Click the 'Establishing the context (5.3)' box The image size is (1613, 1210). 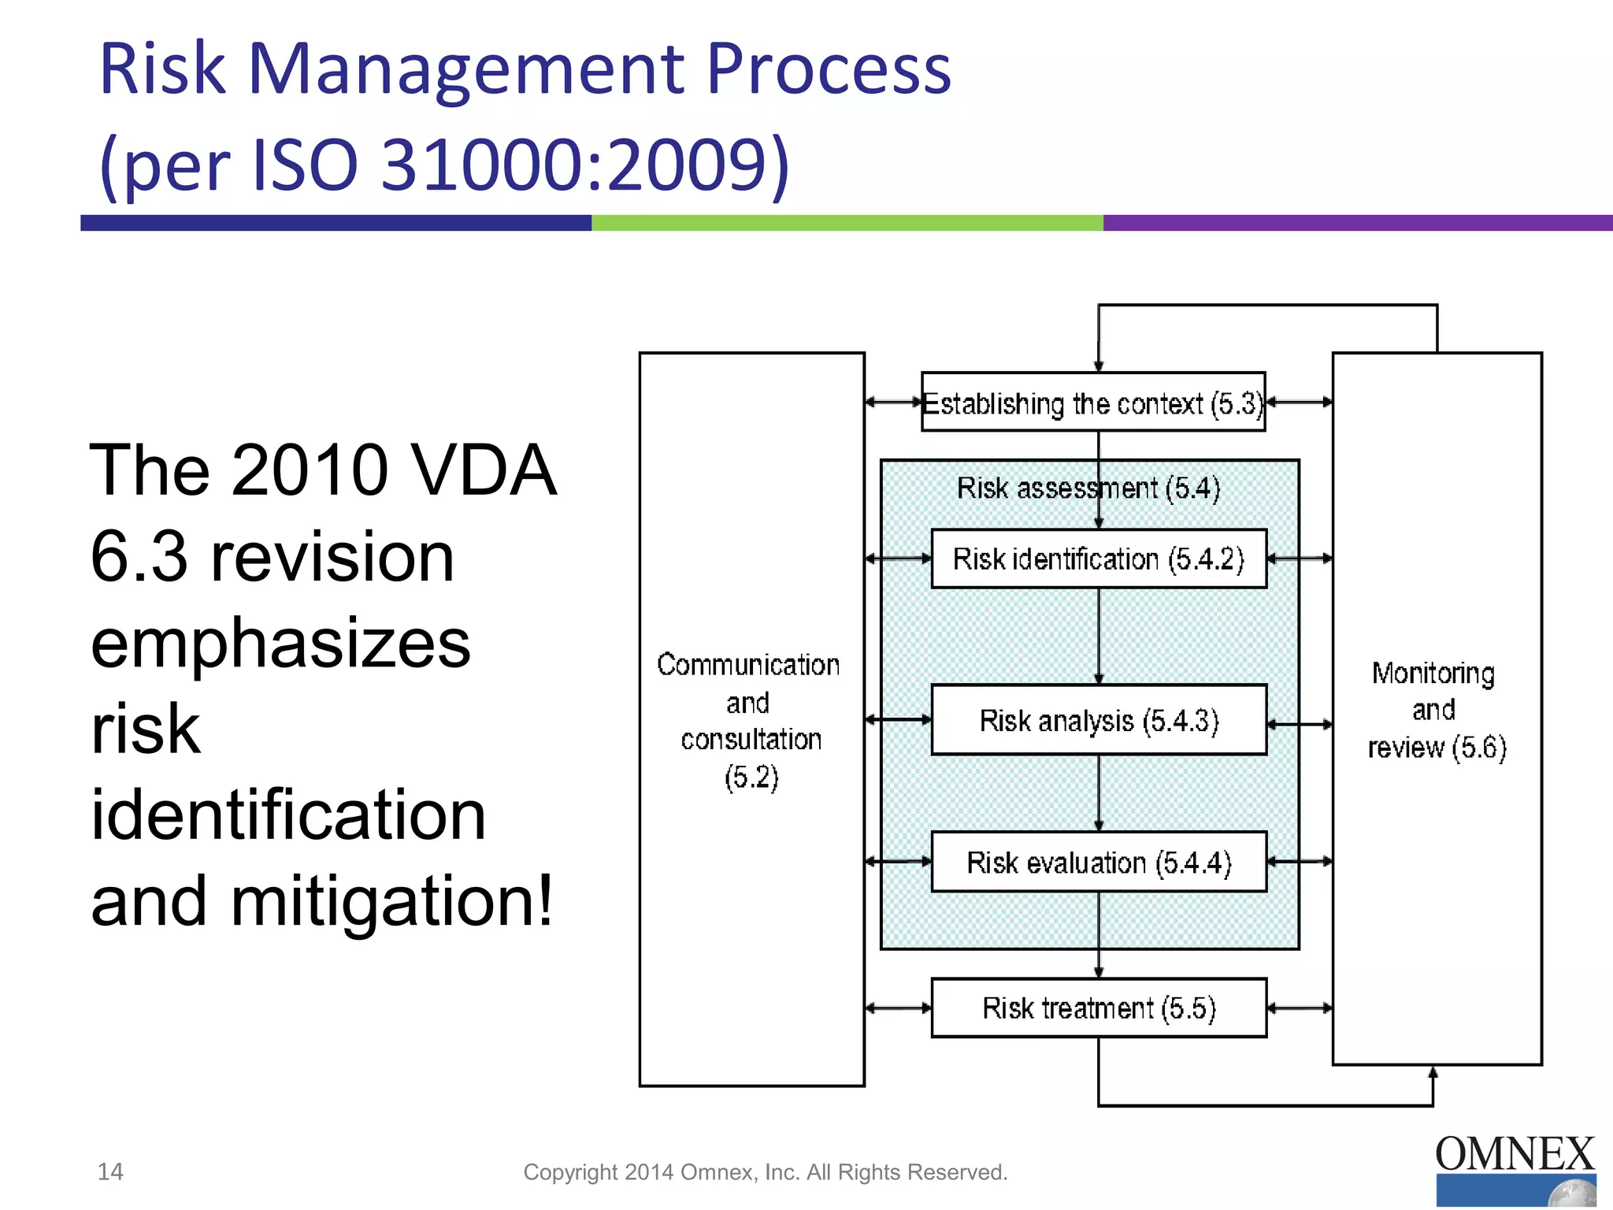point(1093,403)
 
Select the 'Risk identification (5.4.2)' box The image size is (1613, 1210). point(1098,559)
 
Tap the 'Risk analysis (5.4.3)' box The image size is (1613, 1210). point(1098,720)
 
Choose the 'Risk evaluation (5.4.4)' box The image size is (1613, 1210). point(1098,863)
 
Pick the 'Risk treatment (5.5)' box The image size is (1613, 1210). point(1098,1008)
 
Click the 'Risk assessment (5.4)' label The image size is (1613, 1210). point(1088,488)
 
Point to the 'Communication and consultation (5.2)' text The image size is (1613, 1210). point(749,720)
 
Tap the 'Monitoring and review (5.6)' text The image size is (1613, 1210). point(1436,710)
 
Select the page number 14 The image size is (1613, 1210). point(110,1171)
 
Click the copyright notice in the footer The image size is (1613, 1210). point(765,1172)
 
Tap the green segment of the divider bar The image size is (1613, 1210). point(847,223)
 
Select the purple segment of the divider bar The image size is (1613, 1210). point(1357,223)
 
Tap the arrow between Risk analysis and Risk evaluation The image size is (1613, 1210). point(1099,792)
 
